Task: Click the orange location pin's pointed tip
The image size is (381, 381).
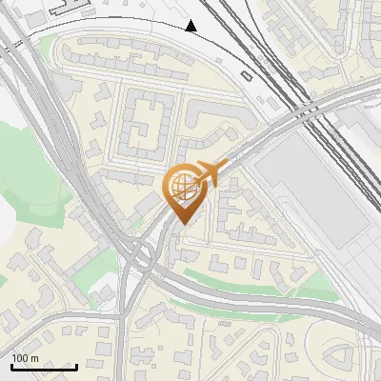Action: coord(184,223)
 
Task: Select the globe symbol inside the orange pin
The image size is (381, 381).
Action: coord(182,187)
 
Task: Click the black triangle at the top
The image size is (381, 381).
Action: coord(191,26)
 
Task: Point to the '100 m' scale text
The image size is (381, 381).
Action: coord(26,358)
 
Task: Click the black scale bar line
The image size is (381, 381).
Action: coord(44,367)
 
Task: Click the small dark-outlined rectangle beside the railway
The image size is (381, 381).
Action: coord(247,75)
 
